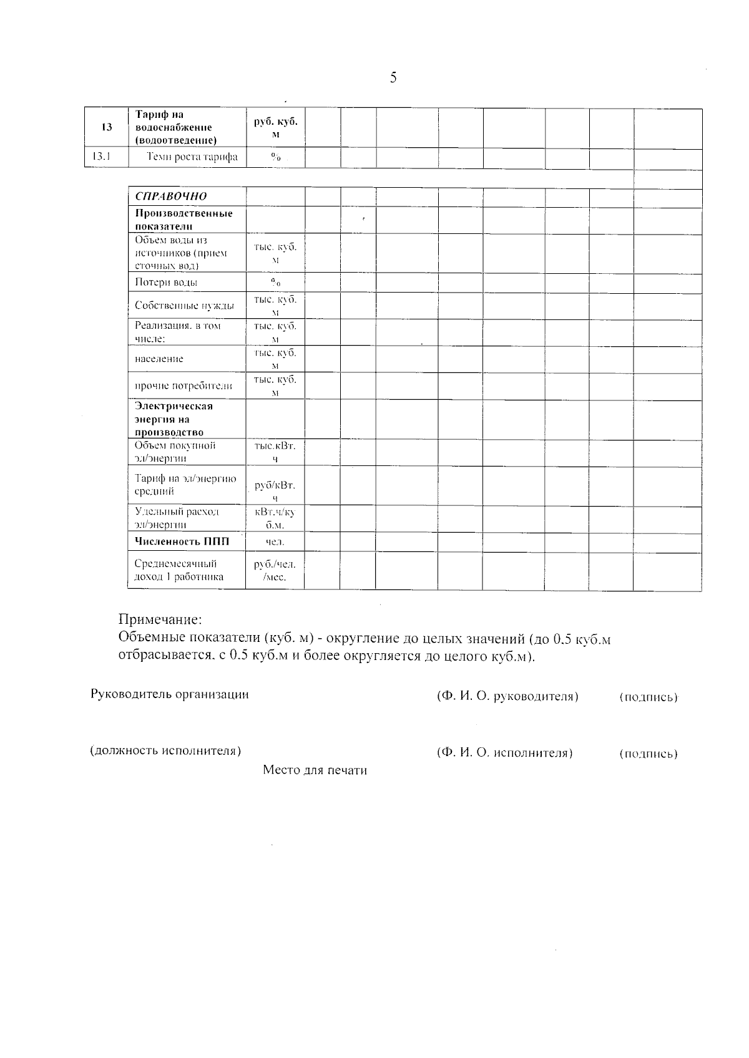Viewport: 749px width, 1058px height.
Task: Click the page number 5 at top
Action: coord(393,78)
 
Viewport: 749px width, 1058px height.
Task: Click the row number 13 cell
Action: coord(107,127)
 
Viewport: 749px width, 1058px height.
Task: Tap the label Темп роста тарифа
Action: coord(192,157)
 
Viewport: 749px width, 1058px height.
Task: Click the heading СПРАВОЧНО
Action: coord(171,197)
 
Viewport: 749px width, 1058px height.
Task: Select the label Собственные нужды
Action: coord(184,306)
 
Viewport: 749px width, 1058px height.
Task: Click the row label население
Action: coord(159,359)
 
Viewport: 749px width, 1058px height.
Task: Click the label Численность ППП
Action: coord(182,541)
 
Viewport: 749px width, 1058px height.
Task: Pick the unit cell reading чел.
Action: coord(275,542)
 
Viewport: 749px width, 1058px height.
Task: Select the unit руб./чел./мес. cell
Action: coord(275,571)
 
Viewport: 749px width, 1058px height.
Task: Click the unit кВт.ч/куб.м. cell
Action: coord(275,518)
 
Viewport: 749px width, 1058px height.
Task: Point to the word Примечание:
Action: coord(160,620)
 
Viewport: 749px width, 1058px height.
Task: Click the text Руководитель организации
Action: coord(170,695)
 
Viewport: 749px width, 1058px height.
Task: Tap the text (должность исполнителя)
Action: coord(166,751)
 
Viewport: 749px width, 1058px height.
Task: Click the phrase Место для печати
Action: coord(315,770)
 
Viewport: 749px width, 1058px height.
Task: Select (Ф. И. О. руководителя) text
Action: coord(507,697)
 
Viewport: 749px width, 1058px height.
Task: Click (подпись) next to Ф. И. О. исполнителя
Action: coord(648,754)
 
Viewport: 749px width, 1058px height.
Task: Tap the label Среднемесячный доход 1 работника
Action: coord(179,571)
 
